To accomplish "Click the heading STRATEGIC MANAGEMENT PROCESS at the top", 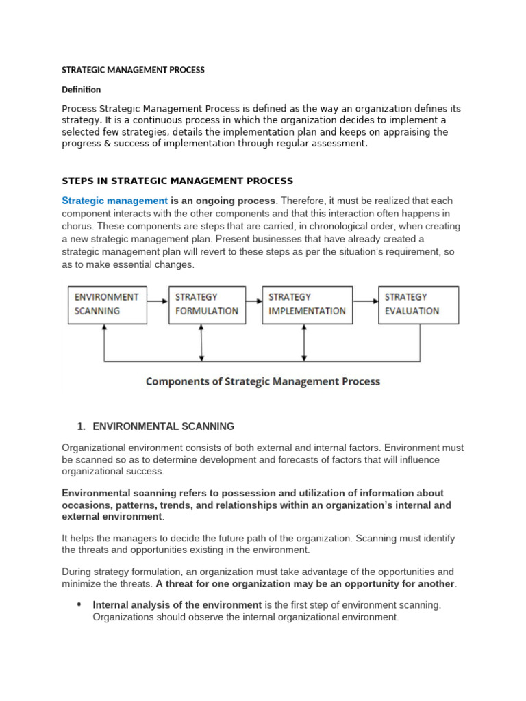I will [133, 70].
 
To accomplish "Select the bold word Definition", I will [81, 90].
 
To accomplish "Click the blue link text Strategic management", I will [115, 201].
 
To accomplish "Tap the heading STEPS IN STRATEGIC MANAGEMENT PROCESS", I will [177, 181].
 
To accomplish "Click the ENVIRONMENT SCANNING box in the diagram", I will [106, 304].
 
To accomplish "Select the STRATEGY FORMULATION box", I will [206, 304].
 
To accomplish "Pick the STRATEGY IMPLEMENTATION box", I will [307, 304].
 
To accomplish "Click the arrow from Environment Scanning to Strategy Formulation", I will [158, 300].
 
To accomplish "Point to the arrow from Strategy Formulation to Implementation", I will [253, 300].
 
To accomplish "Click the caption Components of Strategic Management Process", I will [262, 381].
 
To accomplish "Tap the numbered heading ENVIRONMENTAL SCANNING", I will [163, 426].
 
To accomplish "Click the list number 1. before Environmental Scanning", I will [82, 426].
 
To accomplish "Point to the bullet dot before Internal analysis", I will [79, 604].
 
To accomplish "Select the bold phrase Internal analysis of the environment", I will [177, 605].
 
